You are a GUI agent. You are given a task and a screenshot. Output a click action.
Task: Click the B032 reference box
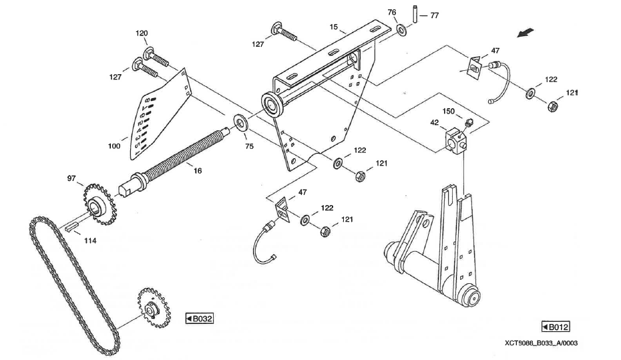tap(199, 319)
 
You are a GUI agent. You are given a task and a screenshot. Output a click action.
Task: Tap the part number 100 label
tap(115, 145)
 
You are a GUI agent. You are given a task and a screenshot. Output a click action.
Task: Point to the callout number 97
tap(71, 179)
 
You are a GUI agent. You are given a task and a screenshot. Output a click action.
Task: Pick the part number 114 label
tap(90, 240)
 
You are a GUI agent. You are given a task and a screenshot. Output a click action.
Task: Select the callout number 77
tap(435, 14)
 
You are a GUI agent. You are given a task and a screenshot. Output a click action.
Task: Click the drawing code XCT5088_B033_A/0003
tap(540, 343)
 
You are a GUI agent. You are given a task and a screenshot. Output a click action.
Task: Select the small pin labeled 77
tap(414, 13)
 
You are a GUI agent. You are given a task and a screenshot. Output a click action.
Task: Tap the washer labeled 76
tap(403, 31)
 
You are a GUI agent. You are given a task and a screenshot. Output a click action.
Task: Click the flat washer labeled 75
tap(238, 123)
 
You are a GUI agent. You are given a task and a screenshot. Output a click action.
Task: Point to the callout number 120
tap(142, 33)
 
